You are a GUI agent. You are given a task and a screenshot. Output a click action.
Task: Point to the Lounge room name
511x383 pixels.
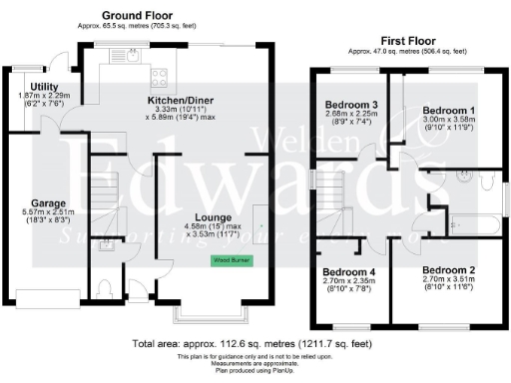pyautogui.click(x=214, y=218)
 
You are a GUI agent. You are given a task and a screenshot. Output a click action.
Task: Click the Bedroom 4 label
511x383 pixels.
pyautogui.click(x=349, y=272)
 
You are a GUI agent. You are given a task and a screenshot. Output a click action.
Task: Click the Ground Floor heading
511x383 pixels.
pyautogui.click(x=137, y=17)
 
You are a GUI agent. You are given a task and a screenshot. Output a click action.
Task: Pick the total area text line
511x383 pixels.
pyautogui.click(x=255, y=344)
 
